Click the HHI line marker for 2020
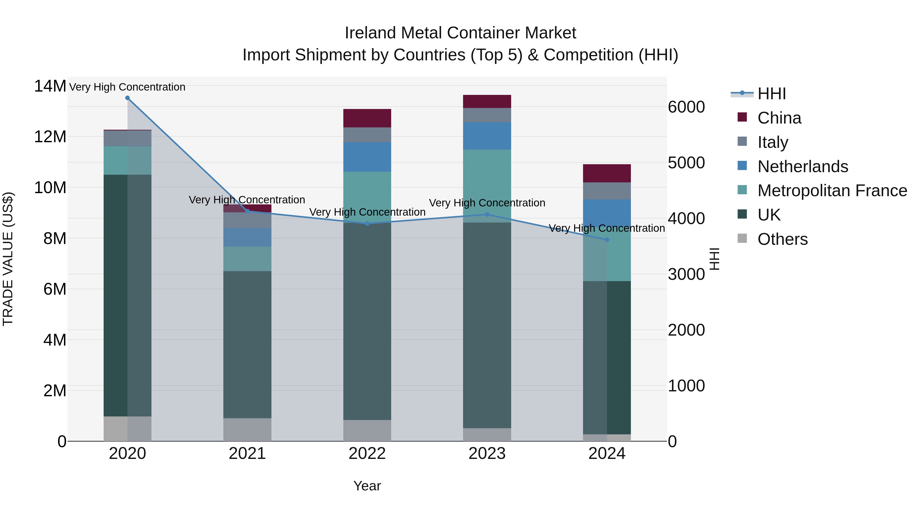pyautogui.click(x=127, y=98)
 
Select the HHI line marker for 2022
pyautogui.click(x=367, y=224)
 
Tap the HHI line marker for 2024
pyautogui.click(x=607, y=240)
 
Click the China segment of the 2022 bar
pyautogui.click(x=367, y=118)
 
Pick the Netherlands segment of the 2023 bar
pyautogui.click(x=487, y=136)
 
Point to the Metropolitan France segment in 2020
pyautogui.click(x=127, y=160)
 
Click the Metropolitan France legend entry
pyautogui.click(x=832, y=191)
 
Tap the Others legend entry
pyautogui.click(x=782, y=239)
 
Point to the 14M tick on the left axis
pyautogui.click(x=50, y=86)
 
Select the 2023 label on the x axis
pyautogui.click(x=487, y=454)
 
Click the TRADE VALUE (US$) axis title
pyautogui.click(x=8, y=259)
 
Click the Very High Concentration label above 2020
pyautogui.click(x=127, y=87)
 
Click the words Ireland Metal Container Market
pyautogui.click(x=460, y=33)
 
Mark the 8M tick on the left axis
pyautogui.click(x=55, y=238)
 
